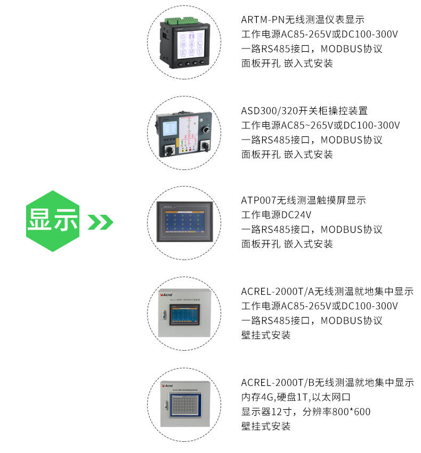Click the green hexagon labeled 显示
[53, 221]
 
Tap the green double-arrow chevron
[100, 222]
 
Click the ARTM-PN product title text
[303, 20]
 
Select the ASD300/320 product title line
[304, 111]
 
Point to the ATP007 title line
[303, 200]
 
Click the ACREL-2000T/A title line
[327, 291]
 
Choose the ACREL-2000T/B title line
[327, 383]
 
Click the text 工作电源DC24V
[276, 215]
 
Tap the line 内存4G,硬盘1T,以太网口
[296, 397]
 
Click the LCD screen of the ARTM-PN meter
[191, 44]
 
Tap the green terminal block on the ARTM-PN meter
[181, 21]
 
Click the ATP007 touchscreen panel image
[184, 222]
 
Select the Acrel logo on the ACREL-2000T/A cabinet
[166, 295]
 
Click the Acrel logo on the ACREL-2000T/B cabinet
[167, 385]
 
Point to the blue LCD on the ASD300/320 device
[170, 128]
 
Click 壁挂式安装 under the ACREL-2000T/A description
[266, 335]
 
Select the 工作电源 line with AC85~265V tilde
[320, 125]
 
